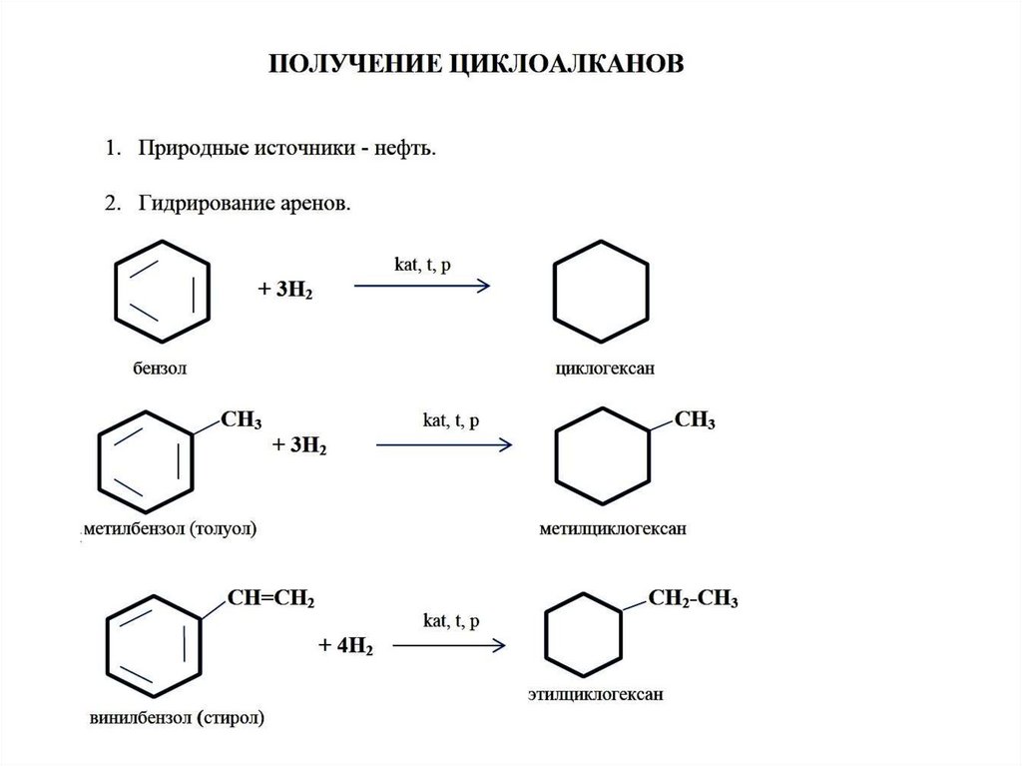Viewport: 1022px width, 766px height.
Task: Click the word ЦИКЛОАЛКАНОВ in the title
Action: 566,64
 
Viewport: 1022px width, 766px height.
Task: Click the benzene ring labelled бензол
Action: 162,291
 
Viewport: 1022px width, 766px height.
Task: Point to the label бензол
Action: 160,368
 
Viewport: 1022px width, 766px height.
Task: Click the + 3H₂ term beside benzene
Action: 285,289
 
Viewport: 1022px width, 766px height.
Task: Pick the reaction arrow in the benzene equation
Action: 422,286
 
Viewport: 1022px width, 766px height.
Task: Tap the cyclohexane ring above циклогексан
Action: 601,291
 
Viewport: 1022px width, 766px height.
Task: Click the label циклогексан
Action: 605,368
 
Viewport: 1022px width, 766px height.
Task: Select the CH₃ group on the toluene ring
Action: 242,419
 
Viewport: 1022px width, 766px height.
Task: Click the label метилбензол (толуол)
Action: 170,528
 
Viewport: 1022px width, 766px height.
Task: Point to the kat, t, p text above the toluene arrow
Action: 451,420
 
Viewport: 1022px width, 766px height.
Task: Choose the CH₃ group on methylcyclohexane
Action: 695,419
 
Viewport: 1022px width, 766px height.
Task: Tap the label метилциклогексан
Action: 613,528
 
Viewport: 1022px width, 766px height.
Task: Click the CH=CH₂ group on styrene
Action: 271,598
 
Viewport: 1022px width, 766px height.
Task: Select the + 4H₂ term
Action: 345,646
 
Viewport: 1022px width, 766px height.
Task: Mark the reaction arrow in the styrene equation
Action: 449,645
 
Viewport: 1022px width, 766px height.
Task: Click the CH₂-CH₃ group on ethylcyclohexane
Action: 693,598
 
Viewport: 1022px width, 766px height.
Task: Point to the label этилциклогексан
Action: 595,694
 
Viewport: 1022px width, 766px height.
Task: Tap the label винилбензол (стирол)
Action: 177,718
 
